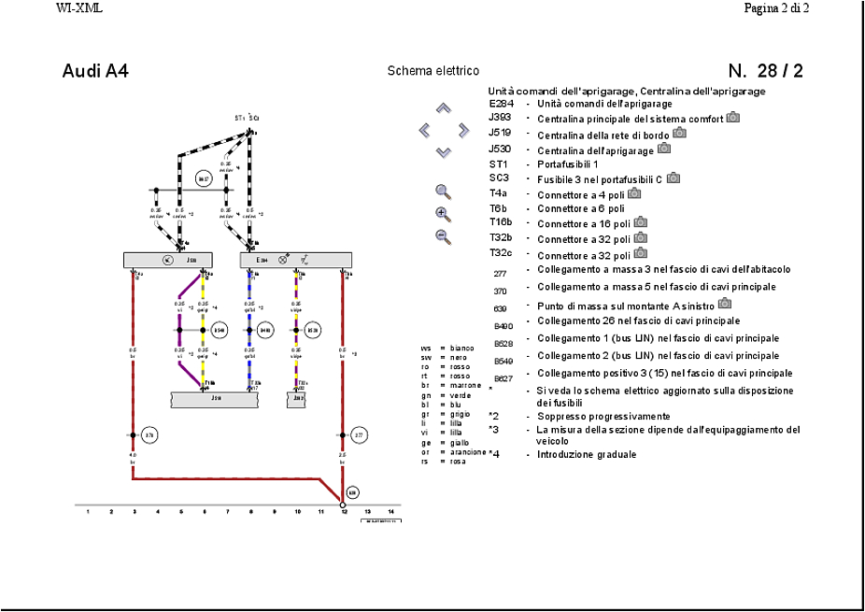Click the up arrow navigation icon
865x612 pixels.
click(444, 108)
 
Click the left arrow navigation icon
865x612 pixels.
click(425, 131)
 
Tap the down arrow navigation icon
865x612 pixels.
click(444, 151)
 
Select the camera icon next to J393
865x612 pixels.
click(733, 118)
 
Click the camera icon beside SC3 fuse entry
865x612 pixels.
click(673, 178)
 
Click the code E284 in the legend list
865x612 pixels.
click(502, 104)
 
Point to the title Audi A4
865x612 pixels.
click(95, 72)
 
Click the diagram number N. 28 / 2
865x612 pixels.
click(765, 72)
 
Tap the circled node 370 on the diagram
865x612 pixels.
click(149, 435)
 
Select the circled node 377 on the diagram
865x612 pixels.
click(359, 435)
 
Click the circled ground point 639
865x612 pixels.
click(352, 491)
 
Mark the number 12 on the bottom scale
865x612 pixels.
click(344, 512)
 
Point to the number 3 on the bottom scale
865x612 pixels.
click(134, 512)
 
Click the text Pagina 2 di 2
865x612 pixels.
click(775, 8)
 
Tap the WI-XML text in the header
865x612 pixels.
click(78, 8)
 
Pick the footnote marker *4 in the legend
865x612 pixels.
click(494, 454)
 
